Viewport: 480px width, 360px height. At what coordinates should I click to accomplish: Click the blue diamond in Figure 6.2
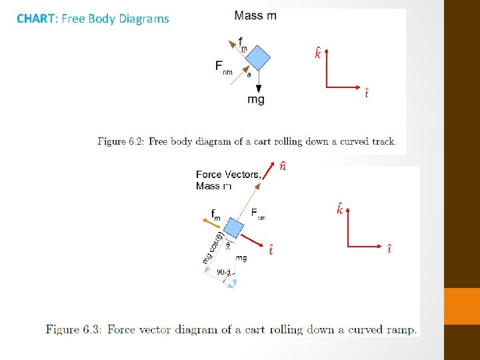[257, 57]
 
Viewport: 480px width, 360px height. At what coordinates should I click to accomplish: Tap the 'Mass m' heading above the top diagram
[255, 15]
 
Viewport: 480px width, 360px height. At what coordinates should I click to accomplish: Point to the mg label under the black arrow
[256, 99]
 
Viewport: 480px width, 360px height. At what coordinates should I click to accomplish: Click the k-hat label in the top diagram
[318, 53]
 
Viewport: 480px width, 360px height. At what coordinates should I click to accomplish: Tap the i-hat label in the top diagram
[366, 93]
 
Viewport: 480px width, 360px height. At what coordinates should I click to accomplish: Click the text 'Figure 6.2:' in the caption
[121, 141]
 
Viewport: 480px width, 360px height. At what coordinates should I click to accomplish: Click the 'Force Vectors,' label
[228, 175]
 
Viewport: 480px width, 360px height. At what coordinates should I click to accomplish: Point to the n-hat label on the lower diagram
[283, 166]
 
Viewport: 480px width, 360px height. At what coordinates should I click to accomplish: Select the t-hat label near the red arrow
[271, 251]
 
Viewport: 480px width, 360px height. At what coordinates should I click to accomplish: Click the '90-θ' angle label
[224, 271]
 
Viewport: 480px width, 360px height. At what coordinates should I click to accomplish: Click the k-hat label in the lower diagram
[340, 210]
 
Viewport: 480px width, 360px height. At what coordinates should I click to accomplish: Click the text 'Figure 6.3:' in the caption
[73, 329]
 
